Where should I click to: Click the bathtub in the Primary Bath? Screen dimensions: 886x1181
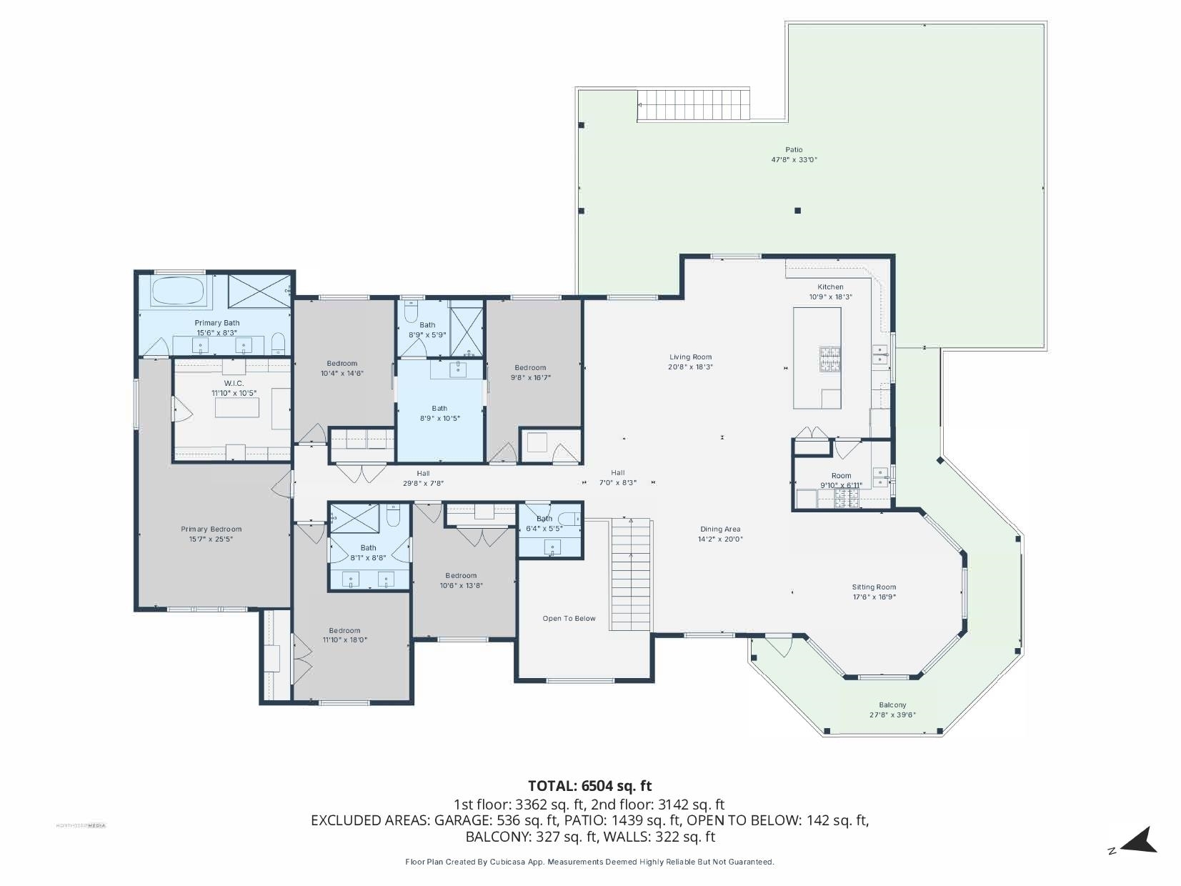click(179, 290)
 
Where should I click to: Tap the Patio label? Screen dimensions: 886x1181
click(794, 150)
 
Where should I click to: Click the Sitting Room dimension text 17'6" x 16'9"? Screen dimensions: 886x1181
click(874, 597)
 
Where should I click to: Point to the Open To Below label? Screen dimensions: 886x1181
click(569, 618)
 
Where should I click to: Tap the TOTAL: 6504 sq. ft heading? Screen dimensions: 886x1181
click(589, 786)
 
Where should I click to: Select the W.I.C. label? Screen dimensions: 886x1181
click(234, 384)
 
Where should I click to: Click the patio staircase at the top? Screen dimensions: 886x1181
click(694, 105)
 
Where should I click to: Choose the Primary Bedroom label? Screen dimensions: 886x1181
click(211, 529)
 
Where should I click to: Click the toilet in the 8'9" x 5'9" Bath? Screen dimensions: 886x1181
click(411, 311)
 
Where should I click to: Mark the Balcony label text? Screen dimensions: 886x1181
click(892, 705)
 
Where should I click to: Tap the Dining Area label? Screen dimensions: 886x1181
click(720, 529)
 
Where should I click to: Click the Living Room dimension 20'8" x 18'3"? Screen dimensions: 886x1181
click(691, 367)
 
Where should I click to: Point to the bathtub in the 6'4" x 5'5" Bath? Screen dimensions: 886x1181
click(569, 519)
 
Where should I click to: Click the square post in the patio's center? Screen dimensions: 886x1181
click(798, 210)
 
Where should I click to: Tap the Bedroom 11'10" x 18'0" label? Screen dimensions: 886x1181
click(345, 630)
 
